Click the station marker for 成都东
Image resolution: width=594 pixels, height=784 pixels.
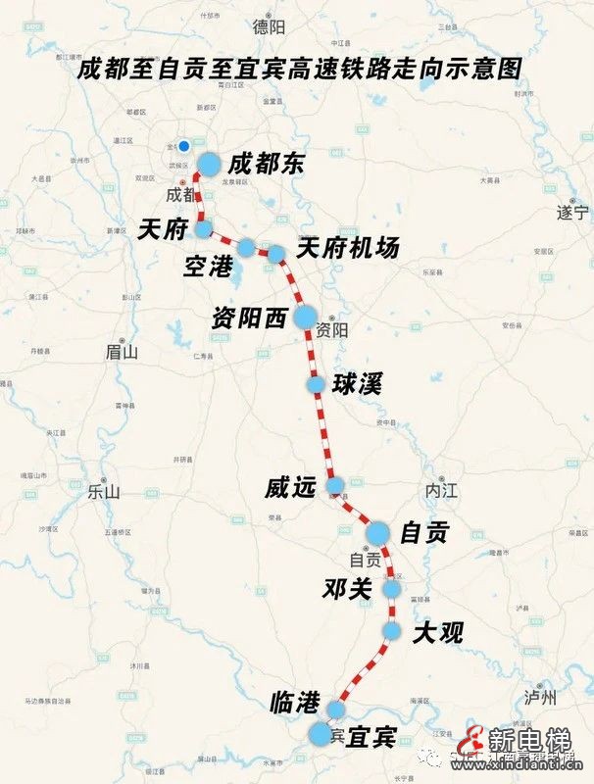click(x=209, y=164)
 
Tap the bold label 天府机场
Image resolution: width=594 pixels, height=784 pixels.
click(x=348, y=249)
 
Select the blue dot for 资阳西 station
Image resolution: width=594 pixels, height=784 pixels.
click(x=305, y=317)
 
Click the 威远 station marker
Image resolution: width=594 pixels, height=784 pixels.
click(x=335, y=485)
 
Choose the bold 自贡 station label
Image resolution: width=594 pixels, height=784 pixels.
click(x=424, y=532)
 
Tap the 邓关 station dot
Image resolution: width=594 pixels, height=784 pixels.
click(x=392, y=589)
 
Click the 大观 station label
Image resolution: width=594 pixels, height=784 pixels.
click(x=437, y=632)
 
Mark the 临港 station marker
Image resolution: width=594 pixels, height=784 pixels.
click(x=337, y=709)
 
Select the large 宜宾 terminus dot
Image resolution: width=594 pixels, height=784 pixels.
click(x=321, y=734)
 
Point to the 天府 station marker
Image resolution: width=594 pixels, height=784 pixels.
click(x=204, y=229)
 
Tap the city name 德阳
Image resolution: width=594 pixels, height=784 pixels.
click(x=268, y=27)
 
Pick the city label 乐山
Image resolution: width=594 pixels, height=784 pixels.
click(x=102, y=493)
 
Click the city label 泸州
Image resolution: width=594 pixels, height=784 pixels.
click(x=540, y=698)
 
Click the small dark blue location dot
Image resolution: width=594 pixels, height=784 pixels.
click(x=183, y=146)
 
